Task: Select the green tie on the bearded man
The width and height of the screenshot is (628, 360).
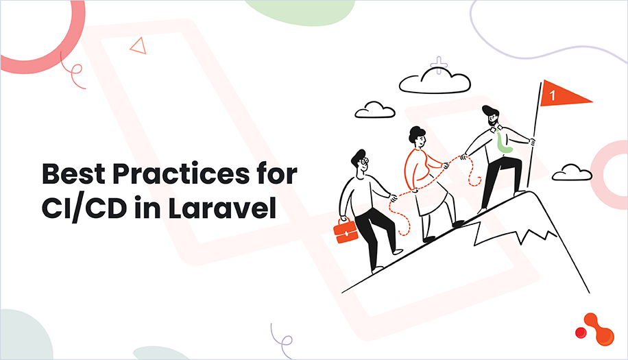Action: [x=502, y=141]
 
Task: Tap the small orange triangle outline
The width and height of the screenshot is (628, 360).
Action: [x=138, y=46]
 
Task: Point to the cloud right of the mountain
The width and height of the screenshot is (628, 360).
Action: [x=572, y=173]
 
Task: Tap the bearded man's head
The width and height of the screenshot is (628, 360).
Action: [x=492, y=117]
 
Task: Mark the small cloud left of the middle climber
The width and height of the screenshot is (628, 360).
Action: [x=375, y=110]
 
